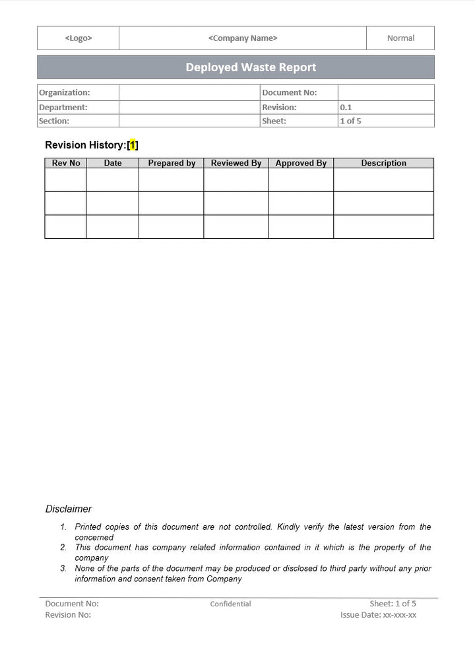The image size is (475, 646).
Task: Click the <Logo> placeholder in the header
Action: (79, 38)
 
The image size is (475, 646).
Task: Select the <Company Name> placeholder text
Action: (243, 38)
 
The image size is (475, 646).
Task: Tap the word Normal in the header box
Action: (400, 38)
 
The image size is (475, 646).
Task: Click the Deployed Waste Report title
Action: (251, 67)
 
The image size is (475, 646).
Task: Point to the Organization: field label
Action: (64, 93)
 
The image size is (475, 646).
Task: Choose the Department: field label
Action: (63, 107)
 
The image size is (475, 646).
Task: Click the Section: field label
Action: (53, 121)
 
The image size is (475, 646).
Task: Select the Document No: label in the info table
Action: (289, 93)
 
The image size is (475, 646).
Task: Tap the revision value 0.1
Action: (346, 107)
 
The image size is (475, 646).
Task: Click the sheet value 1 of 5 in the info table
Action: (350, 121)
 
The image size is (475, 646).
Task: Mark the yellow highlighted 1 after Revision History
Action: (133, 145)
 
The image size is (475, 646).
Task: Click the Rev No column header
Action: (66, 163)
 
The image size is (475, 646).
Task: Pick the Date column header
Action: (113, 163)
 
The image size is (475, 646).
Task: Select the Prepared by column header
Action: (172, 163)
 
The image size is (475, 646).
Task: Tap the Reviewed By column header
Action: (236, 163)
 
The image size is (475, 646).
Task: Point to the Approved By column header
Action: (301, 163)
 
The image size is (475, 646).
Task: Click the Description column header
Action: (383, 163)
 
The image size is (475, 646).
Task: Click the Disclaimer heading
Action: (69, 509)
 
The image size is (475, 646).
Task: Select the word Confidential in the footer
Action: (230, 604)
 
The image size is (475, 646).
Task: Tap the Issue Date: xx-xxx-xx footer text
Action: (378, 615)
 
